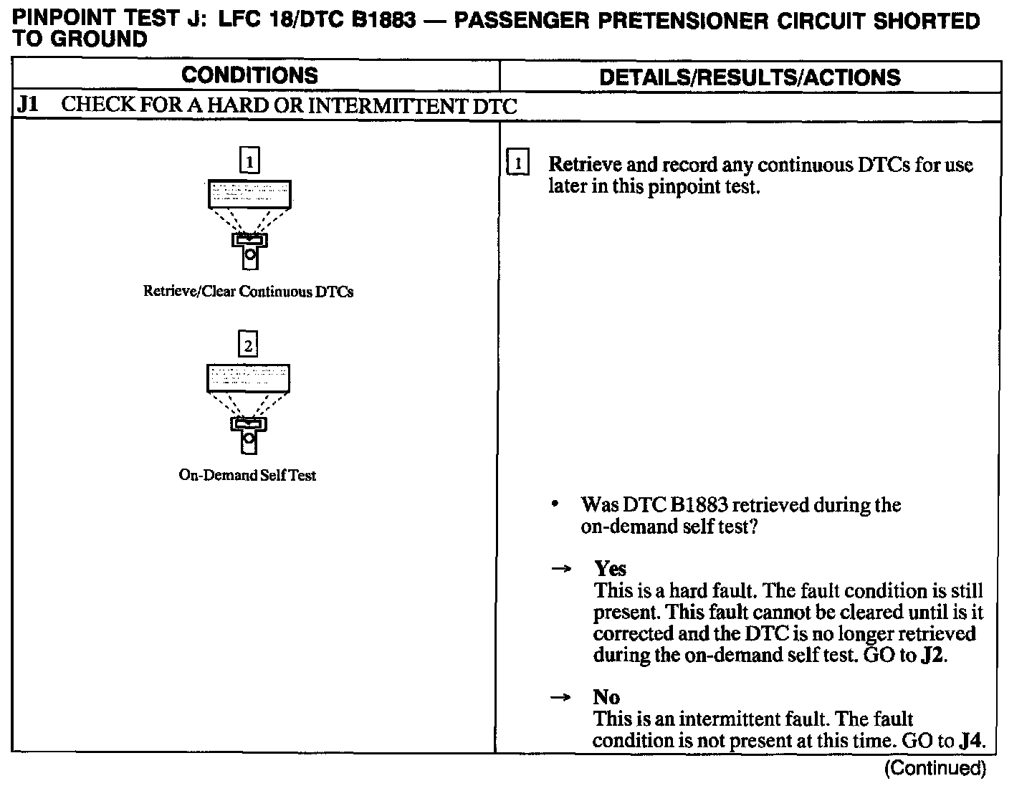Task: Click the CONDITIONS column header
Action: coord(249,76)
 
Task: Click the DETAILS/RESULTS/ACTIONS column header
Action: coord(749,77)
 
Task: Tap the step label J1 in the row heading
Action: coord(28,105)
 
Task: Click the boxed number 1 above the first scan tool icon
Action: coord(249,161)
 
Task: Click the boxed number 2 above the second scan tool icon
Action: coord(248,345)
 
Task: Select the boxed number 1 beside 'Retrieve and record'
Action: coord(517,164)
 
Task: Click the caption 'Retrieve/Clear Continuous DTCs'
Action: coord(248,292)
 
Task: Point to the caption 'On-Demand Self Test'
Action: coord(247,475)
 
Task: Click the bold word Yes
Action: coord(610,569)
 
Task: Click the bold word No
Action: coord(606,697)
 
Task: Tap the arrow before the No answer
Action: coord(560,697)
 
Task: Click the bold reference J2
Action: coord(932,656)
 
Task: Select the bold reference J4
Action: coord(970,741)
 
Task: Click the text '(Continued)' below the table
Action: coord(935,769)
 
